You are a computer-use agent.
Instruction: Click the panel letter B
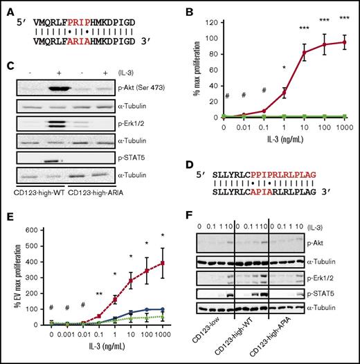(x=188, y=9)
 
